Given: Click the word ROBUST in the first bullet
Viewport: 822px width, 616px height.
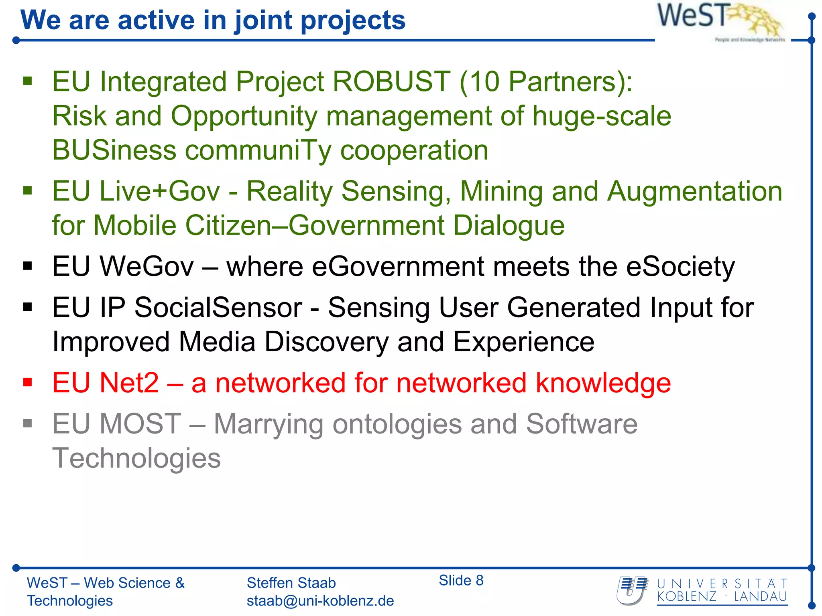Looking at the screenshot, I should (391, 82).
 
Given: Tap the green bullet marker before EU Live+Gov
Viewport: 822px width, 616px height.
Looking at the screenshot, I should (27, 190).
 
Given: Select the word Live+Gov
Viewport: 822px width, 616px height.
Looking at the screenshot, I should (159, 191).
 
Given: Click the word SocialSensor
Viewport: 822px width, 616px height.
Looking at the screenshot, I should (218, 308).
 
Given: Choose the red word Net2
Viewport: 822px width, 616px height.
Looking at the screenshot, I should (129, 383).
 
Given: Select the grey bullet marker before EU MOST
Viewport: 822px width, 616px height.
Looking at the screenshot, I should (27, 423).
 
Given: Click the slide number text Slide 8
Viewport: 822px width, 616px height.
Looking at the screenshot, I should (461, 580).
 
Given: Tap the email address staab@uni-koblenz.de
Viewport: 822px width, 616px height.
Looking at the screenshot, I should (320, 601).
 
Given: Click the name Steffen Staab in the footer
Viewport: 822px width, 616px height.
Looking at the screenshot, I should (291, 583).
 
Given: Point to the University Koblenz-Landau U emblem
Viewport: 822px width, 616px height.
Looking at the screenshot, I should (633, 590).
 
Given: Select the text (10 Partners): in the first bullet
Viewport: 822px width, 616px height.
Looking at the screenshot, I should (546, 82).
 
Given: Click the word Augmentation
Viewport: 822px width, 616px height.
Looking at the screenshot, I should (694, 191).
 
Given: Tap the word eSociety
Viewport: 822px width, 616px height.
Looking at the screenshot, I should (680, 267).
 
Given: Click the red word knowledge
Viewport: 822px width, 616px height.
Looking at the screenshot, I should (603, 383).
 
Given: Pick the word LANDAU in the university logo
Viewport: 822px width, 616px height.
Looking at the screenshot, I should (760, 597).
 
